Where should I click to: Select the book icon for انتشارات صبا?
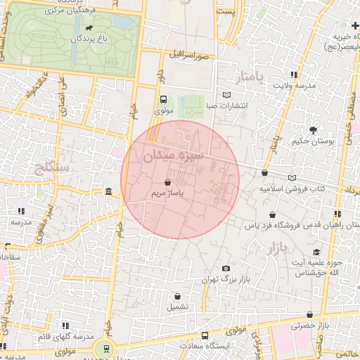[226, 94]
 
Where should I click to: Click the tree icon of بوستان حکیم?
[313, 129]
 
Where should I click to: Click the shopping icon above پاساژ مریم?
[167, 181]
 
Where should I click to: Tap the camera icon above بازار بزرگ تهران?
[225, 269]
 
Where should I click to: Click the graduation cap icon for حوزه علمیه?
[316, 252]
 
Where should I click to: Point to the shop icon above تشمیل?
[177, 296]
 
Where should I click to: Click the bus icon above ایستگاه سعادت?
[205, 335]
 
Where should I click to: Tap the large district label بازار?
[280, 247]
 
